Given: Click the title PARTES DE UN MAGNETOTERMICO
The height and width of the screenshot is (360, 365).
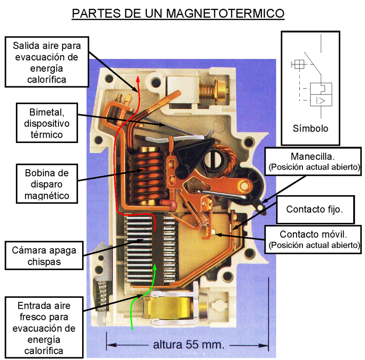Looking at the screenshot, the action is (178, 13).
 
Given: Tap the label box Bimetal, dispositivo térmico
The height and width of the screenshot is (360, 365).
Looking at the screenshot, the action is (47, 123).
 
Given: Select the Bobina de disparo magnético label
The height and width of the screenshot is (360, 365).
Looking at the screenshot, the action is (47, 184).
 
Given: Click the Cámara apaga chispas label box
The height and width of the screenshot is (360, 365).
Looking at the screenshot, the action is (44, 255).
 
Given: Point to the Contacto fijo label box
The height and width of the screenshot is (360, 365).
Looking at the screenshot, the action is (315, 210).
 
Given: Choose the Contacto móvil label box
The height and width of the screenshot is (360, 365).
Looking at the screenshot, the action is (313, 239).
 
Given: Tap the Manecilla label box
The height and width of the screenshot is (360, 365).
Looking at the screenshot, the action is (313, 161).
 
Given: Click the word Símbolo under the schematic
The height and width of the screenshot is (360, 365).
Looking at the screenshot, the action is (311, 128).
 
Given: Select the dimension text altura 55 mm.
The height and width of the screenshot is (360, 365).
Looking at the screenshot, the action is (188, 344).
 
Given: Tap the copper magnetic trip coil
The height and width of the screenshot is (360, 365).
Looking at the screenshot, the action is (146, 176).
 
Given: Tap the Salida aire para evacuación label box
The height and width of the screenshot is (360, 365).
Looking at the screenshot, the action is (47, 62).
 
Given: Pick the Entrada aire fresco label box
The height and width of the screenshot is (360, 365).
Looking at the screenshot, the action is (44, 328).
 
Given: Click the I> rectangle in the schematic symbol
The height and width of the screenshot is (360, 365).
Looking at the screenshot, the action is (321, 101).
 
